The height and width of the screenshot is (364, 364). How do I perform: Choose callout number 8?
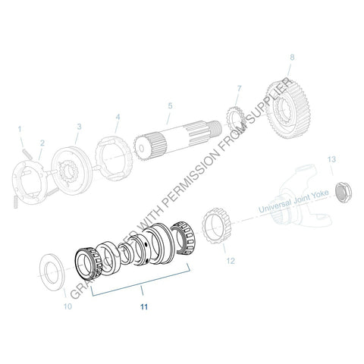[291, 57]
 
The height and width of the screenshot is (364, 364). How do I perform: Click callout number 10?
[67, 306]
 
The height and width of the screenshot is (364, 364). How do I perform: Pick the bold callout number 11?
[143, 307]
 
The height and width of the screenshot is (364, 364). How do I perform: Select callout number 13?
[330, 159]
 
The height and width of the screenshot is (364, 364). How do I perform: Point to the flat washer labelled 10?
[54, 270]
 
